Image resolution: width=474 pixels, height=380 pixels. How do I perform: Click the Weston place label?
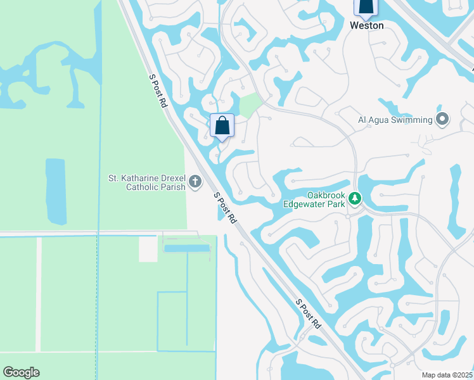(x=367, y=25)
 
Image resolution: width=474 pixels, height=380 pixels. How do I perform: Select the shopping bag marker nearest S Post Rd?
(x=222, y=124)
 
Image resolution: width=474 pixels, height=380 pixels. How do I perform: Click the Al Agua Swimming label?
(x=395, y=119)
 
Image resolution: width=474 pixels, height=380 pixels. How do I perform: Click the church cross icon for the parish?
(x=195, y=183)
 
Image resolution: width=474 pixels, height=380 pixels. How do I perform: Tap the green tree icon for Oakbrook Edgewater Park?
(x=355, y=199)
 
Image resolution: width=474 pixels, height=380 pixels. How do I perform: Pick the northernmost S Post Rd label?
(x=158, y=91)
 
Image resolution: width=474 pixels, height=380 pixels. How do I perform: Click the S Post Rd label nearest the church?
(x=226, y=208)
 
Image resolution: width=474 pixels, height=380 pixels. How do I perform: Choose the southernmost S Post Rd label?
(x=309, y=313)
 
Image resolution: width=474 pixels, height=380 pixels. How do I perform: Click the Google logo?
(x=21, y=372)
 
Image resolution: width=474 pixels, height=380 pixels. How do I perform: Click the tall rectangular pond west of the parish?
(x=55, y=191)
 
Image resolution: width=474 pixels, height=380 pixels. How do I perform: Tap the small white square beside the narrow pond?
(x=148, y=249)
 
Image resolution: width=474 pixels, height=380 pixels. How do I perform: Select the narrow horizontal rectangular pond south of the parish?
(x=187, y=248)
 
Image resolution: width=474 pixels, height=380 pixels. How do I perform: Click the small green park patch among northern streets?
(x=250, y=103)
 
